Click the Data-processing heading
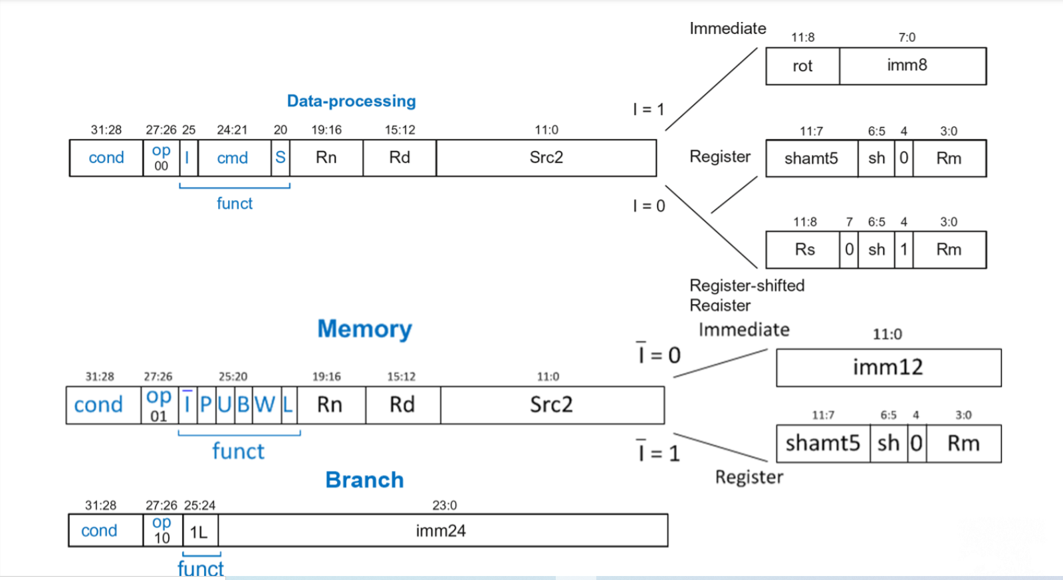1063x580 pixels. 351,101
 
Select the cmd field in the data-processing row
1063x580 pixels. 233,158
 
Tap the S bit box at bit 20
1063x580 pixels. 281,158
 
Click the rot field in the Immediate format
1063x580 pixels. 802,66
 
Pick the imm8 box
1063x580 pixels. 907,65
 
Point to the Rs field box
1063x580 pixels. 804,250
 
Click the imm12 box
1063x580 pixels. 888,367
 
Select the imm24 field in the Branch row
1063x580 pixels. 441,531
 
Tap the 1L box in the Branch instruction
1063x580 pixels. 199,532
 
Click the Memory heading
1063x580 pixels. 364,329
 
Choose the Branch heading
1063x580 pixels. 364,480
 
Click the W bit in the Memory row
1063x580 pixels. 265,404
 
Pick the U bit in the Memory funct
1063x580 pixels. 225,404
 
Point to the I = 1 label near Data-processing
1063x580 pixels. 648,110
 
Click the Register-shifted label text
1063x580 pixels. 747,285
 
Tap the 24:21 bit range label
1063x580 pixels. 232,130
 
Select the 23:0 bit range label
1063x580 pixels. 444,506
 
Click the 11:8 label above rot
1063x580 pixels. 802,37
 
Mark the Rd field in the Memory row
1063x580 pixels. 402,404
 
